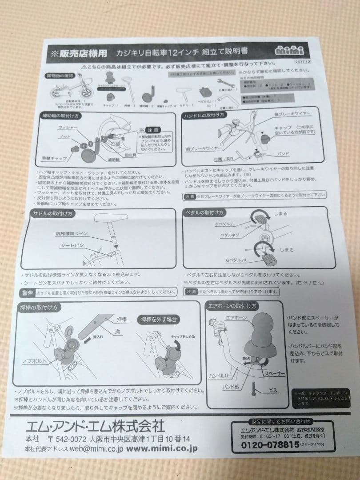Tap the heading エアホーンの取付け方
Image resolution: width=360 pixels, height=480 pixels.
pyautogui.click(x=232, y=306)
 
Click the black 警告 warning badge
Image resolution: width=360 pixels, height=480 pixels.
pyautogui.click(x=28, y=292)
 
